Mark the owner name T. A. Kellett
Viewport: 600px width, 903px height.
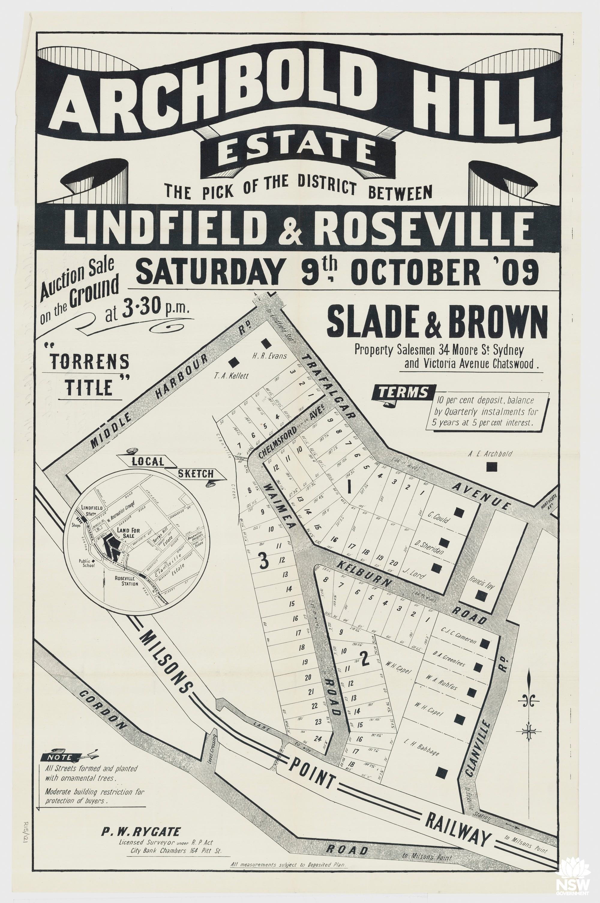point(231,376)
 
